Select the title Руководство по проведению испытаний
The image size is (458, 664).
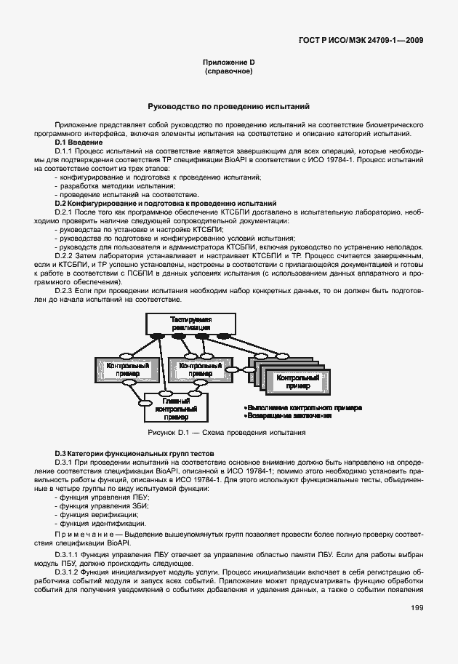coord(229,106)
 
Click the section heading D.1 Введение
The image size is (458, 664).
coord(78,142)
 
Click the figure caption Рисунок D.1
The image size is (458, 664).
coord(226,432)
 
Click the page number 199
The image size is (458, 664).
coord(416,608)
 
